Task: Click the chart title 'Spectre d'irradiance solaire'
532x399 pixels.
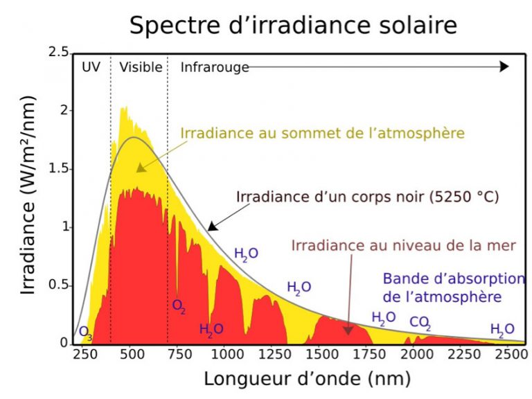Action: click(x=293, y=26)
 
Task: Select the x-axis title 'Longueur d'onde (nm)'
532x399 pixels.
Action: click(x=307, y=379)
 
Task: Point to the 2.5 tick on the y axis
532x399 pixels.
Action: click(x=59, y=53)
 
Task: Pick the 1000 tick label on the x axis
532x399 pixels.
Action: click(x=227, y=355)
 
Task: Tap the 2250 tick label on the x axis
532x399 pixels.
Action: click(x=462, y=355)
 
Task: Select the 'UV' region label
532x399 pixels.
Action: click(x=91, y=67)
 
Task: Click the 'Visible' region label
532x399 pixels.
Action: click(x=140, y=67)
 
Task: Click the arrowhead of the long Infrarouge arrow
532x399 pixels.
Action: click(x=504, y=66)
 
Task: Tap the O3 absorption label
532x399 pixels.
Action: click(x=85, y=332)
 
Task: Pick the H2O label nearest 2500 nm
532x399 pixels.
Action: click(x=502, y=329)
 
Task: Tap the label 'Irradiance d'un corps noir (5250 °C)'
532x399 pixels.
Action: click(x=368, y=196)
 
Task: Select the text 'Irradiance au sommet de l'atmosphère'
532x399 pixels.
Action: click(x=322, y=132)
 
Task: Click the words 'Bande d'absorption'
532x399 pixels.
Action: click(x=454, y=279)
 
